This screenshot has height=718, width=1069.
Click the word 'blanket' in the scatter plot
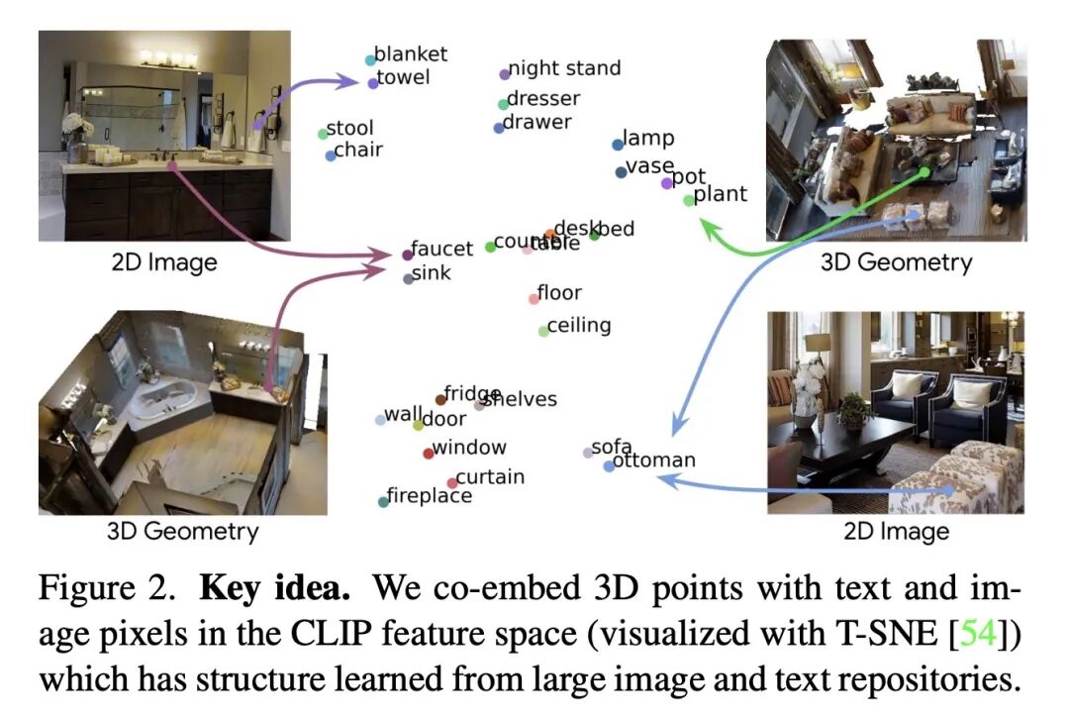[411, 54]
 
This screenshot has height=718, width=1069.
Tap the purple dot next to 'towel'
[373, 83]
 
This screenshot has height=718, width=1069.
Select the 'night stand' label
[564, 68]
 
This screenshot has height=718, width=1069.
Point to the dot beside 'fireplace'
[383, 502]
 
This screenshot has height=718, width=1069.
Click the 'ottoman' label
[654, 461]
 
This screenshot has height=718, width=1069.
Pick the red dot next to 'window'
[428, 454]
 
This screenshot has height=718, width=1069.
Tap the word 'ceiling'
[579, 325]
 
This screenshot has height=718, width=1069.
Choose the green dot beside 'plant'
[689, 200]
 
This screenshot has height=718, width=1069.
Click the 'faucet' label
[442, 250]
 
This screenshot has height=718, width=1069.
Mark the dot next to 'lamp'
[618, 145]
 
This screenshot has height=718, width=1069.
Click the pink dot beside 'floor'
[534, 298]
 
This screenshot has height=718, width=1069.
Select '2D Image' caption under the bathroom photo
[163, 262]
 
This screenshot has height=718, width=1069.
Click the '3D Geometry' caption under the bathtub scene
[182, 531]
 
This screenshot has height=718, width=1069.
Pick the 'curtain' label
[490, 477]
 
